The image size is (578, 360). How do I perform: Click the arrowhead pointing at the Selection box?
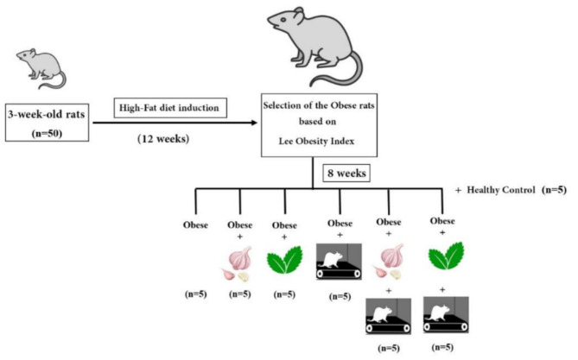point(256,123)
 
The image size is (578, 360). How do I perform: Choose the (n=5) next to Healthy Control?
point(554,189)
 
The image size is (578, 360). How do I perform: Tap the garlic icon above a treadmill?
point(389,260)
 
